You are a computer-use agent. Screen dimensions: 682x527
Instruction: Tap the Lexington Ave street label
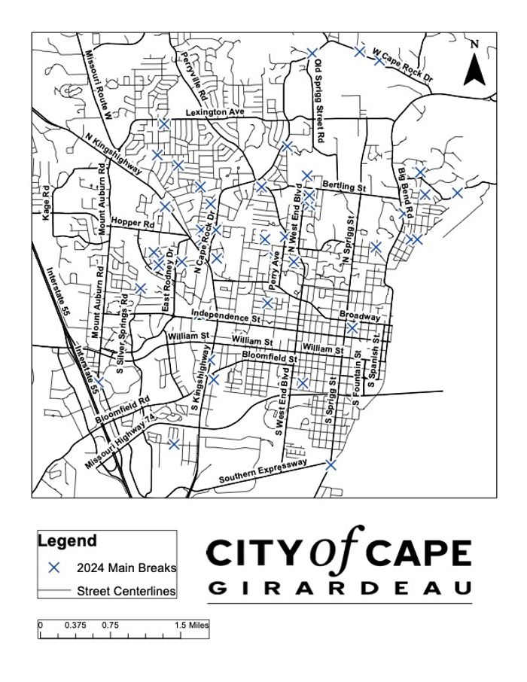coord(216,112)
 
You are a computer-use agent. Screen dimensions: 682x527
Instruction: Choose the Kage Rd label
coord(46,201)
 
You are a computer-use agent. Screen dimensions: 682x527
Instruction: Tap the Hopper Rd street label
coord(133,224)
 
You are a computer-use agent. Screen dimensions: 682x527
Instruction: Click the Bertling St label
coord(343,184)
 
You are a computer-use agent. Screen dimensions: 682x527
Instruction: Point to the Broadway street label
coord(359,315)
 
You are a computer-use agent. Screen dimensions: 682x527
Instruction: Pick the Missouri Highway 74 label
coord(120,443)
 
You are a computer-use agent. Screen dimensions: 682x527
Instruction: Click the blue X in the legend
coord(53,568)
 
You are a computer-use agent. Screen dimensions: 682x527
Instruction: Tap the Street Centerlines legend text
coord(126,591)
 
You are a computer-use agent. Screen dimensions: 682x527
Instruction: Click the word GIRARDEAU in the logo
coord(340,587)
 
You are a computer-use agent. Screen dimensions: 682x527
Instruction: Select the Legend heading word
coord(67,540)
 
